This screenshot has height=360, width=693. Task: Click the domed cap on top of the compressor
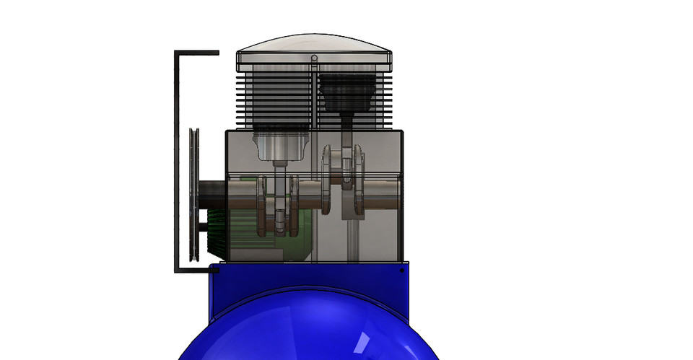coord(314,45)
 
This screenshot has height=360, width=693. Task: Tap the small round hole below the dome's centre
coord(314,58)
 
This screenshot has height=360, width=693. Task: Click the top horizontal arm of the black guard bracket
coord(197,53)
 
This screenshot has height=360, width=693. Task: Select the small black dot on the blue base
coord(402,271)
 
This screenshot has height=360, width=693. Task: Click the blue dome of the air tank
coord(310,328)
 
